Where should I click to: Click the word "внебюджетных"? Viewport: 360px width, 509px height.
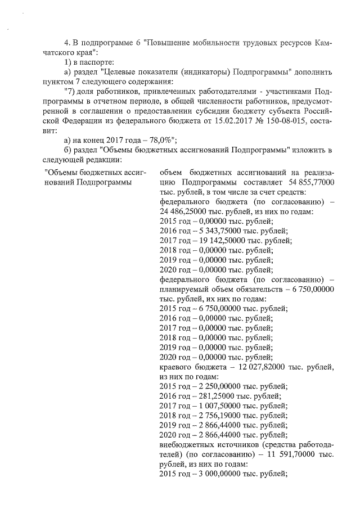[186, 447]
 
